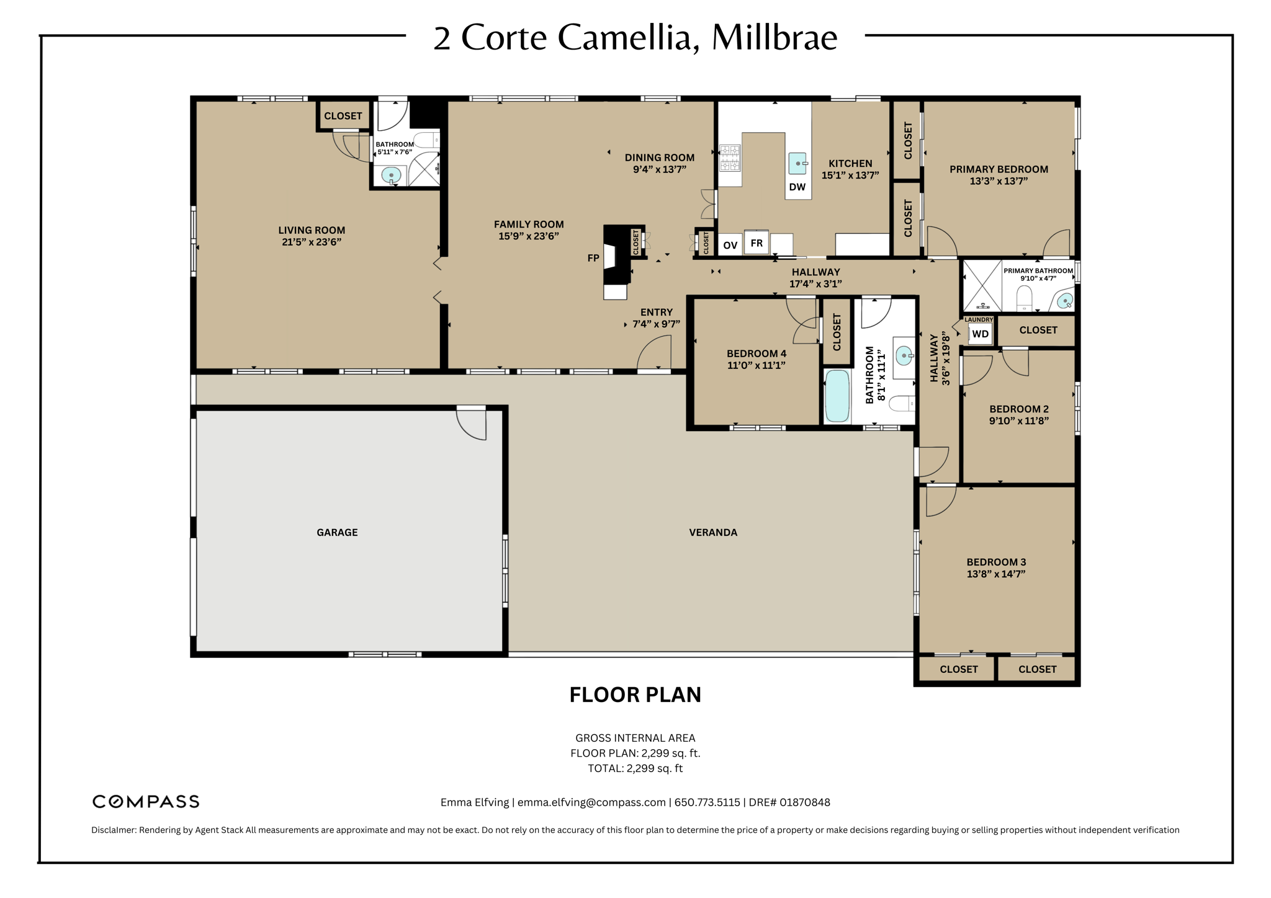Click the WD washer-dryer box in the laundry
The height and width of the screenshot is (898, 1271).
(980, 334)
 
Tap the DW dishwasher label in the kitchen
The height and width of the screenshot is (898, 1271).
(797, 187)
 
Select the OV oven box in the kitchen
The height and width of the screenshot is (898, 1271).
(730, 245)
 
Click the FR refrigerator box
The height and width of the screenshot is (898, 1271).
(756, 242)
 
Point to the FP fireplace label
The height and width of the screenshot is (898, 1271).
(593, 258)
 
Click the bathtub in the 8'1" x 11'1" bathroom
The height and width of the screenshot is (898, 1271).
(837, 396)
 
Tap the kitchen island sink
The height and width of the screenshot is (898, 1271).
(797, 164)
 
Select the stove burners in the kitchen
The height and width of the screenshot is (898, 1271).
(730, 158)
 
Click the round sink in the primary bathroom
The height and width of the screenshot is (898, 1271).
(1064, 301)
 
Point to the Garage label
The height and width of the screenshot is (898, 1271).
(337, 532)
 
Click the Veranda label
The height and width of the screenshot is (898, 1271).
(713, 532)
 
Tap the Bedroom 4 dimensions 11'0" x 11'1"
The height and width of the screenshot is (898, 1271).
(756, 365)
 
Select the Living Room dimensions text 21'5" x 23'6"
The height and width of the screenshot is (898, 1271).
(312, 242)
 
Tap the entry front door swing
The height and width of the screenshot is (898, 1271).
(655, 354)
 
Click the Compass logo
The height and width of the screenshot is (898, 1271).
(146, 801)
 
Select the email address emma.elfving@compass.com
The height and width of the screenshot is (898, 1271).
(591, 802)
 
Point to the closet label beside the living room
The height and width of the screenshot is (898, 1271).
(343, 116)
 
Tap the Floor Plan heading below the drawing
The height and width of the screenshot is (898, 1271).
(635, 695)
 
